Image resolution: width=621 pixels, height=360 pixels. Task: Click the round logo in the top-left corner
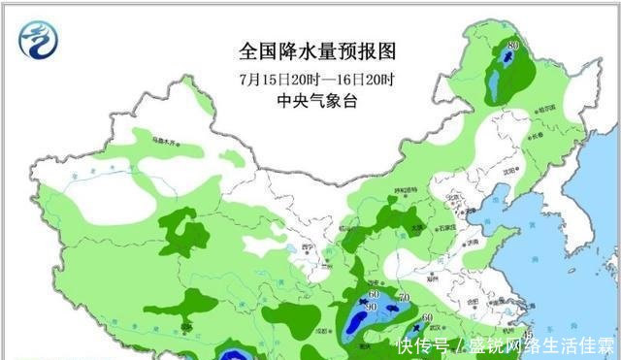pyautogui.click(x=40, y=39)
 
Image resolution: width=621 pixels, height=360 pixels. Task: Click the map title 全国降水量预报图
pyautogui.click(x=318, y=49)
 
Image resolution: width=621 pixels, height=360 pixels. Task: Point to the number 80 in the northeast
pyautogui.click(x=512, y=45)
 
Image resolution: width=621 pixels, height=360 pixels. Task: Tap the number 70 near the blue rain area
pyautogui.click(x=404, y=296)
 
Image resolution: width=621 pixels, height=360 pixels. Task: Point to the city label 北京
pyautogui.click(x=452, y=197)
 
